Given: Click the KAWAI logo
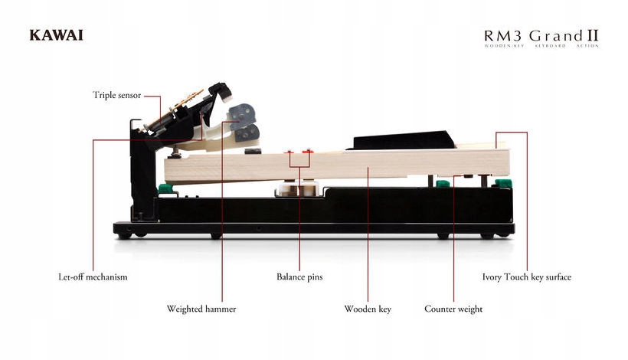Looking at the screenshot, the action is tap(56, 34).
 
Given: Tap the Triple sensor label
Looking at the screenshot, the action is tap(116, 95).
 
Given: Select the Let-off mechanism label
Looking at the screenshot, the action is tap(93, 277).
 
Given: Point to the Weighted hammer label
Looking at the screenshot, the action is tap(201, 309).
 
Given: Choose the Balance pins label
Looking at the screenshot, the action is tap(299, 277).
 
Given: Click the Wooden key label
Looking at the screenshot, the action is tap(368, 309).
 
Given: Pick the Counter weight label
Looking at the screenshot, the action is tap(453, 309).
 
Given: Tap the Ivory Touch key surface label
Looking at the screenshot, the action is tap(526, 277).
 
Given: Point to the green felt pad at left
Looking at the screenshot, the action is tap(163, 188).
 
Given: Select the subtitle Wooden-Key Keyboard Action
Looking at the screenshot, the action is tap(541, 47).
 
